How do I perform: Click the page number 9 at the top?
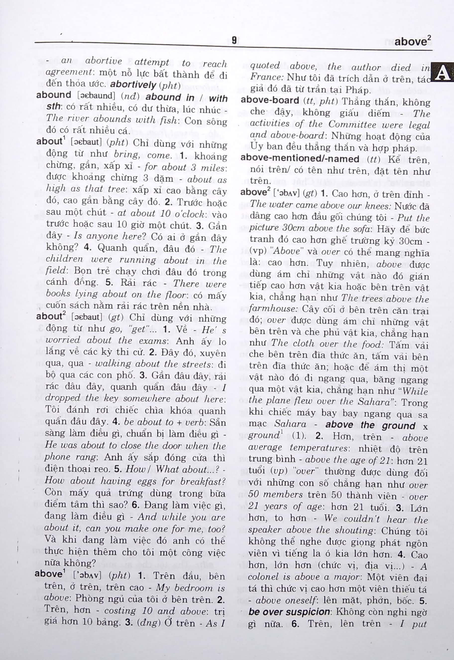point(234,40)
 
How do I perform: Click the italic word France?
point(266,77)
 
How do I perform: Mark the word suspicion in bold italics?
point(309,611)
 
